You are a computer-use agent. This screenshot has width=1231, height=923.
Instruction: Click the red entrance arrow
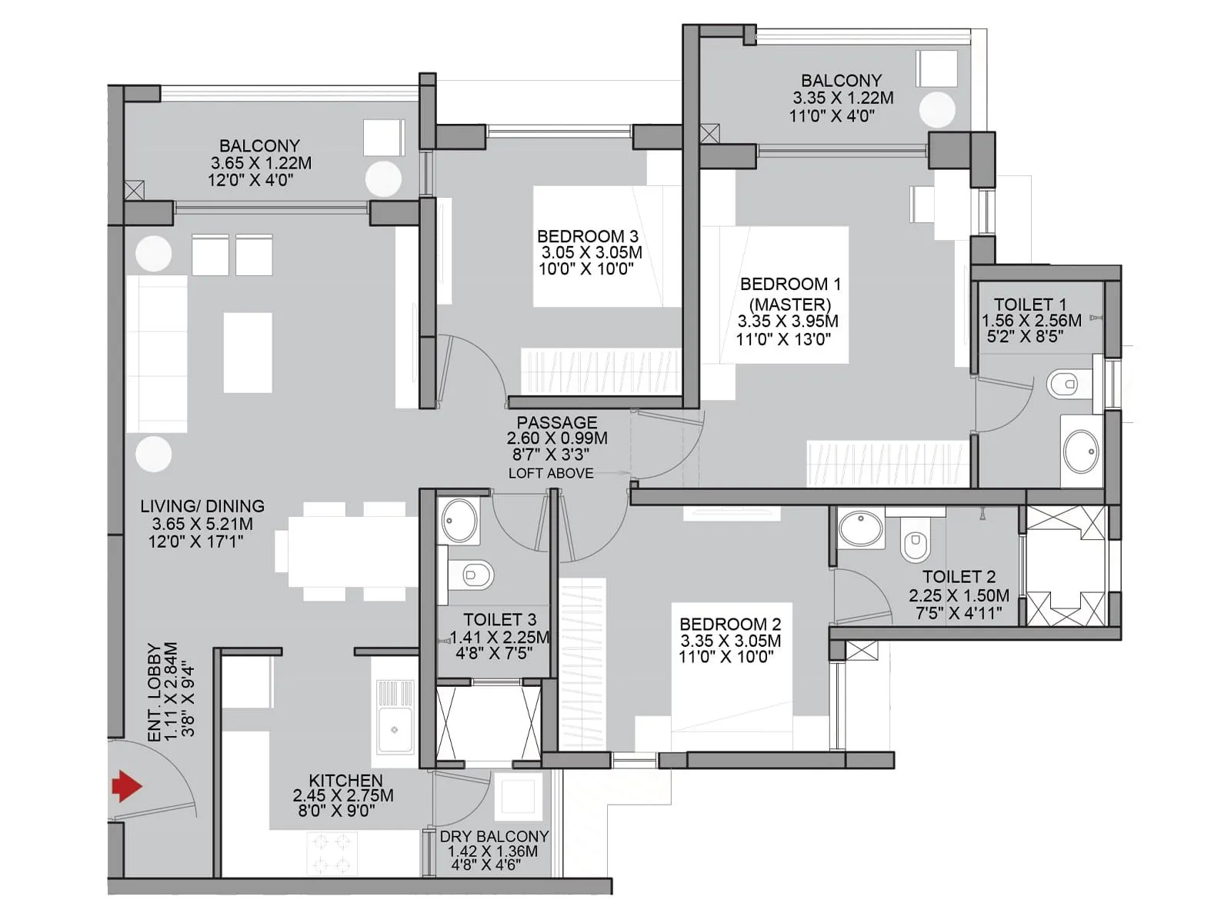click(127, 786)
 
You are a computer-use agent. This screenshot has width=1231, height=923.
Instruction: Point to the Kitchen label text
click(345, 780)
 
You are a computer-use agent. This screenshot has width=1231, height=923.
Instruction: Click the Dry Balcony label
click(494, 836)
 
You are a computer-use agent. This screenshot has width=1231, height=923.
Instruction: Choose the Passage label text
click(556, 422)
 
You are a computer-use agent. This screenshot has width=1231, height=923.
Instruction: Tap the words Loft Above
click(551, 474)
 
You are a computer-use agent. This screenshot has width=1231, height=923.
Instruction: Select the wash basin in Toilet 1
click(1081, 452)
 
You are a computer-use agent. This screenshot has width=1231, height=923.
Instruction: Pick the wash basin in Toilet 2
click(861, 528)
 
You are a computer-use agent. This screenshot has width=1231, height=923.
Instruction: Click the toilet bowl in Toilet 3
click(472, 574)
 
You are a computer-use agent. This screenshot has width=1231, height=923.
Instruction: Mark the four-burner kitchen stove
click(332, 853)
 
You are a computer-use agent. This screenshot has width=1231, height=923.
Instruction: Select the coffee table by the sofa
click(248, 352)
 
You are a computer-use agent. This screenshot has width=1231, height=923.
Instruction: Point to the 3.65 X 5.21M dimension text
click(202, 524)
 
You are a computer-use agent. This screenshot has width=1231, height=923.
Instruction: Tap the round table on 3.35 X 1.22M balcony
click(936, 110)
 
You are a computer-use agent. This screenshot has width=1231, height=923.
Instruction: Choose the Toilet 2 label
click(959, 576)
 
